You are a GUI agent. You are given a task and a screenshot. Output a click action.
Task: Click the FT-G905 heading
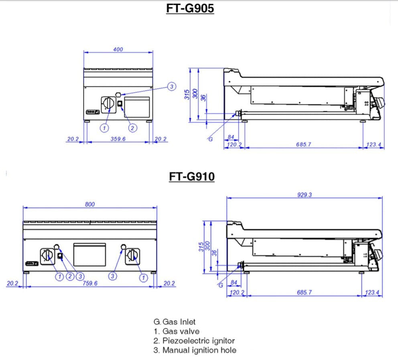(x=190, y=8)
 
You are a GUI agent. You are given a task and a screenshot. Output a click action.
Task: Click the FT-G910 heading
(x=191, y=176)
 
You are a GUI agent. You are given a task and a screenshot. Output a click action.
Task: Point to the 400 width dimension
(x=118, y=49)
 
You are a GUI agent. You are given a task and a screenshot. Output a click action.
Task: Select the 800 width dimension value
(x=90, y=204)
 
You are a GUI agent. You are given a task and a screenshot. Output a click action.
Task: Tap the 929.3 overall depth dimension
(x=305, y=195)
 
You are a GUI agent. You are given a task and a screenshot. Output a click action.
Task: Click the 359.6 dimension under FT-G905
(x=118, y=139)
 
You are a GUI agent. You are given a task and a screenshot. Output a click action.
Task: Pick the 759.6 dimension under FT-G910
(x=90, y=283)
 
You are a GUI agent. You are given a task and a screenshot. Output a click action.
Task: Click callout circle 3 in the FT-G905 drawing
(x=171, y=87)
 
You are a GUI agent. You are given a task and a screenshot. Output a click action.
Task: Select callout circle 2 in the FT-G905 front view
(x=132, y=128)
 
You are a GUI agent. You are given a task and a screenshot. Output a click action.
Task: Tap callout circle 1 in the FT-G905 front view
(x=104, y=128)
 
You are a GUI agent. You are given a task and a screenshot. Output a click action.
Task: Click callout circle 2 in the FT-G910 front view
(x=70, y=276)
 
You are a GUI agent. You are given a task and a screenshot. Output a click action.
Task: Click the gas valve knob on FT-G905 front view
(x=107, y=104)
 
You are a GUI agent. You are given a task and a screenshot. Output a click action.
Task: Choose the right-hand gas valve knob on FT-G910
(x=132, y=255)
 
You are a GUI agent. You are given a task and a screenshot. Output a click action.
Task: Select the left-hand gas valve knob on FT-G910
(x=47, y=256)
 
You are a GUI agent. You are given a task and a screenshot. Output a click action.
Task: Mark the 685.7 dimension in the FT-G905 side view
(x=304, y=144)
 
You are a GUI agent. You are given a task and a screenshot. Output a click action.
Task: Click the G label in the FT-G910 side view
(x=220, y=285)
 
